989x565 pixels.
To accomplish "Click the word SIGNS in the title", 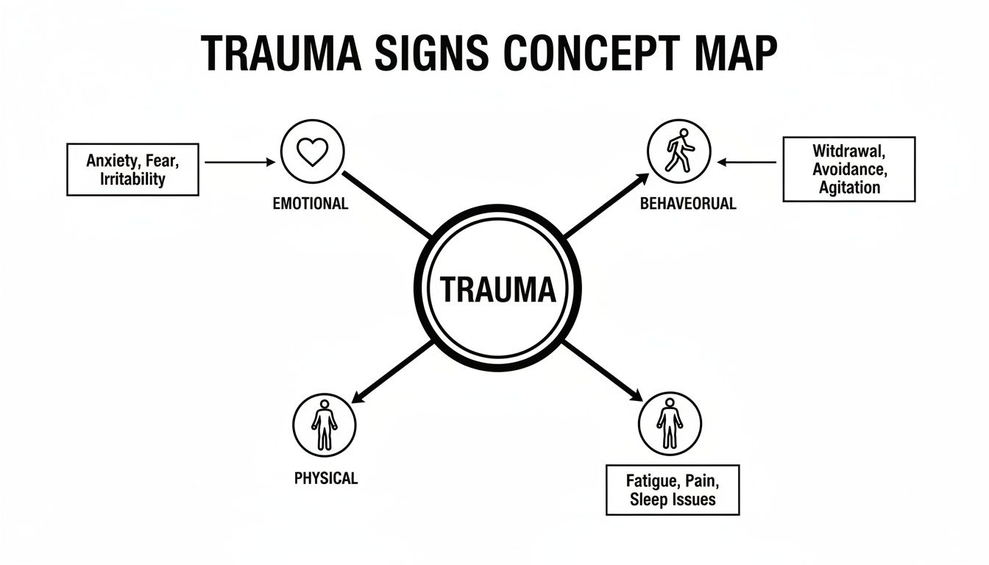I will [430, 53].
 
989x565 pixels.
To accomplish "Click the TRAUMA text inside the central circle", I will [497, 289].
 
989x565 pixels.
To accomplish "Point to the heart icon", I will [311, 152].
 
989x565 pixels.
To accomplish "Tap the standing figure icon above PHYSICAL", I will [325, 424].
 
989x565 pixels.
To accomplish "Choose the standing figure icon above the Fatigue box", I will [670, 424].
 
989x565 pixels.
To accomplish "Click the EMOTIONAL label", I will [310, 204].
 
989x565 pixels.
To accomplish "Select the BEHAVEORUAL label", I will [688, 204].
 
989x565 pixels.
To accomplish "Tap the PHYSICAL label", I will [325, 478].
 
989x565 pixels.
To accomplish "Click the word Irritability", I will [132, 179].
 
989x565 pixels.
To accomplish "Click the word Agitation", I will [849, 187].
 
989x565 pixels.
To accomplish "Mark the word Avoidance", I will [849, 169].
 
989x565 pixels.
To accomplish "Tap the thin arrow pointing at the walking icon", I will [748, 162].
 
